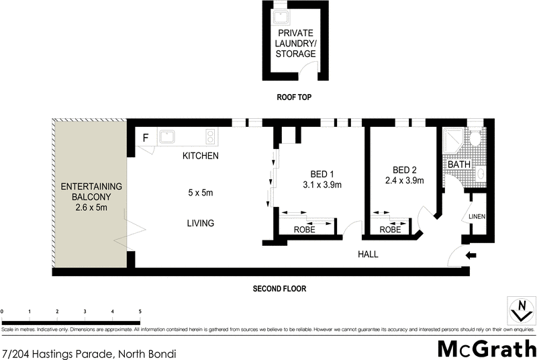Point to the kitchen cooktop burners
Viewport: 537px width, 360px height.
click(x=211, y=136)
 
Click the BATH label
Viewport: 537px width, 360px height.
click(x=459, y=165)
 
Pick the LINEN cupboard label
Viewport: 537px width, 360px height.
click(x=477, y=216)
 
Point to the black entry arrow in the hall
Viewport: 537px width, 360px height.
click(x=471, y=255)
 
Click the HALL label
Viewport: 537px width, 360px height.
click(x=368, y=255)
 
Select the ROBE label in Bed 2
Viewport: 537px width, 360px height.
click(x=390, y=229)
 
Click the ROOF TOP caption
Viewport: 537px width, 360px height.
click(x=295, y=97)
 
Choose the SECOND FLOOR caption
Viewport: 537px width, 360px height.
click(x=279, y=289)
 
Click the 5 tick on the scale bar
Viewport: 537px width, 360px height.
click(x=140, y=312)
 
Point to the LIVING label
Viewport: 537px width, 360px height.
click(x=200, y=223)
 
